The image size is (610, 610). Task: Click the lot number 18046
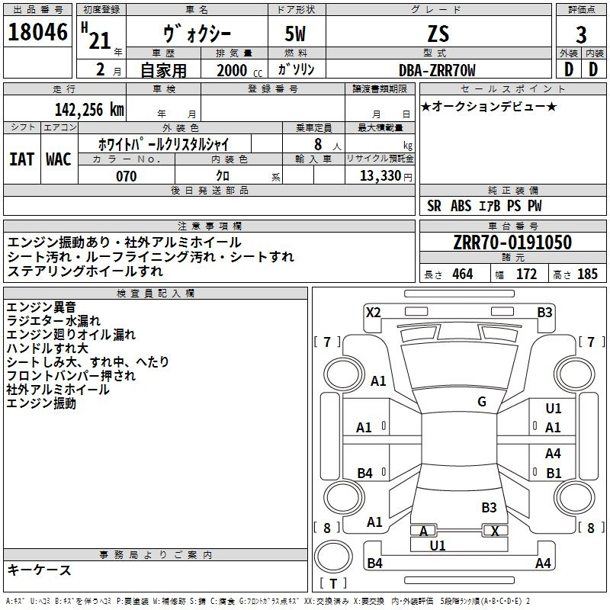[37, 32]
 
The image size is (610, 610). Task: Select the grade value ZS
[438, 34]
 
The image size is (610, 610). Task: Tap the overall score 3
[581, 35]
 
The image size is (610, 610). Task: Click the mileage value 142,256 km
[89, 110]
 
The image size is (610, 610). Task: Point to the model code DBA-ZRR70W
[437, 70]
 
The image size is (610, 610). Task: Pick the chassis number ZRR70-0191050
[512, 242]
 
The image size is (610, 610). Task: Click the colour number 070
[127, 176]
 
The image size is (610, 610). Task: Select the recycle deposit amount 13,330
[380, 175]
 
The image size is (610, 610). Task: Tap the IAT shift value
[22, 159]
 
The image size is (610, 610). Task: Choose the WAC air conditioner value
[59, 159]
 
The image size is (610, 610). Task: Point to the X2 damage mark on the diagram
[373, 313]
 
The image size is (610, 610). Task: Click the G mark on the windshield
[482, 402]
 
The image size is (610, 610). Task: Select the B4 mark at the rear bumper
[374, 563]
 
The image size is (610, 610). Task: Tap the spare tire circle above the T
[333, 557]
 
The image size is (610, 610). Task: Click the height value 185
[587, 274]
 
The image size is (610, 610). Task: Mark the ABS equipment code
[461, 206]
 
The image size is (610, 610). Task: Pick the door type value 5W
[295, 34]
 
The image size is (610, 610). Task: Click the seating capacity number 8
[318, 144]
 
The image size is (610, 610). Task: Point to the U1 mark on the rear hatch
[438, 545]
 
